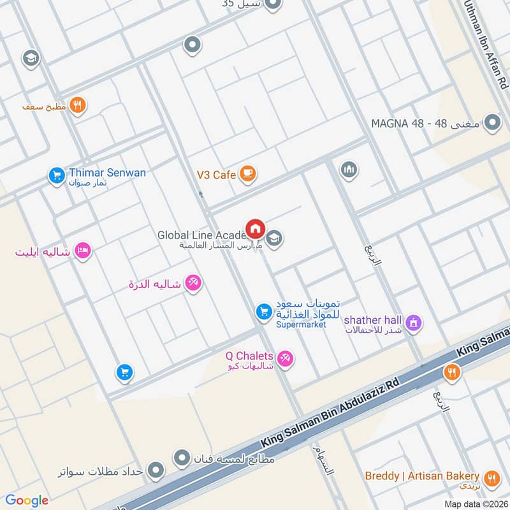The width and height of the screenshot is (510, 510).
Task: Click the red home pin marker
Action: tap(256, 228)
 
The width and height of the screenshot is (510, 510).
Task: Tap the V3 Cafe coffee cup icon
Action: tap(247, 174)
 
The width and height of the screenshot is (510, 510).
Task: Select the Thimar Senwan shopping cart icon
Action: tap(57, 174)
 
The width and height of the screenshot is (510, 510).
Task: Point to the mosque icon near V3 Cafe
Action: tap(349, 170)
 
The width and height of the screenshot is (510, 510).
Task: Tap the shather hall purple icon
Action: tap(414, 323)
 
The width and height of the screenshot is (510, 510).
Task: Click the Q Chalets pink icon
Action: tap(286, 359)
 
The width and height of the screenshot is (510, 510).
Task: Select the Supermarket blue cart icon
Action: tap(262, 312)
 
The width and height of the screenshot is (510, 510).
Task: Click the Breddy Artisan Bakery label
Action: tap(422, 476)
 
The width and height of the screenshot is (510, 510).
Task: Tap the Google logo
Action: tap(27, 500)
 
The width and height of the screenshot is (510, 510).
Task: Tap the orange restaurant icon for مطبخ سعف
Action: tap(78, 105)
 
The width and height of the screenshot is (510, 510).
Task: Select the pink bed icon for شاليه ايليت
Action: tap(82, 251)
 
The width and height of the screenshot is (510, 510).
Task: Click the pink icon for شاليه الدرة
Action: tap(193, 282)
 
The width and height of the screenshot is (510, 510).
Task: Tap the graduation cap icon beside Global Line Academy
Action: tap(275, 239)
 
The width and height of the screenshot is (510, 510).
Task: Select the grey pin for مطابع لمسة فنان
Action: tap(183, 458)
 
